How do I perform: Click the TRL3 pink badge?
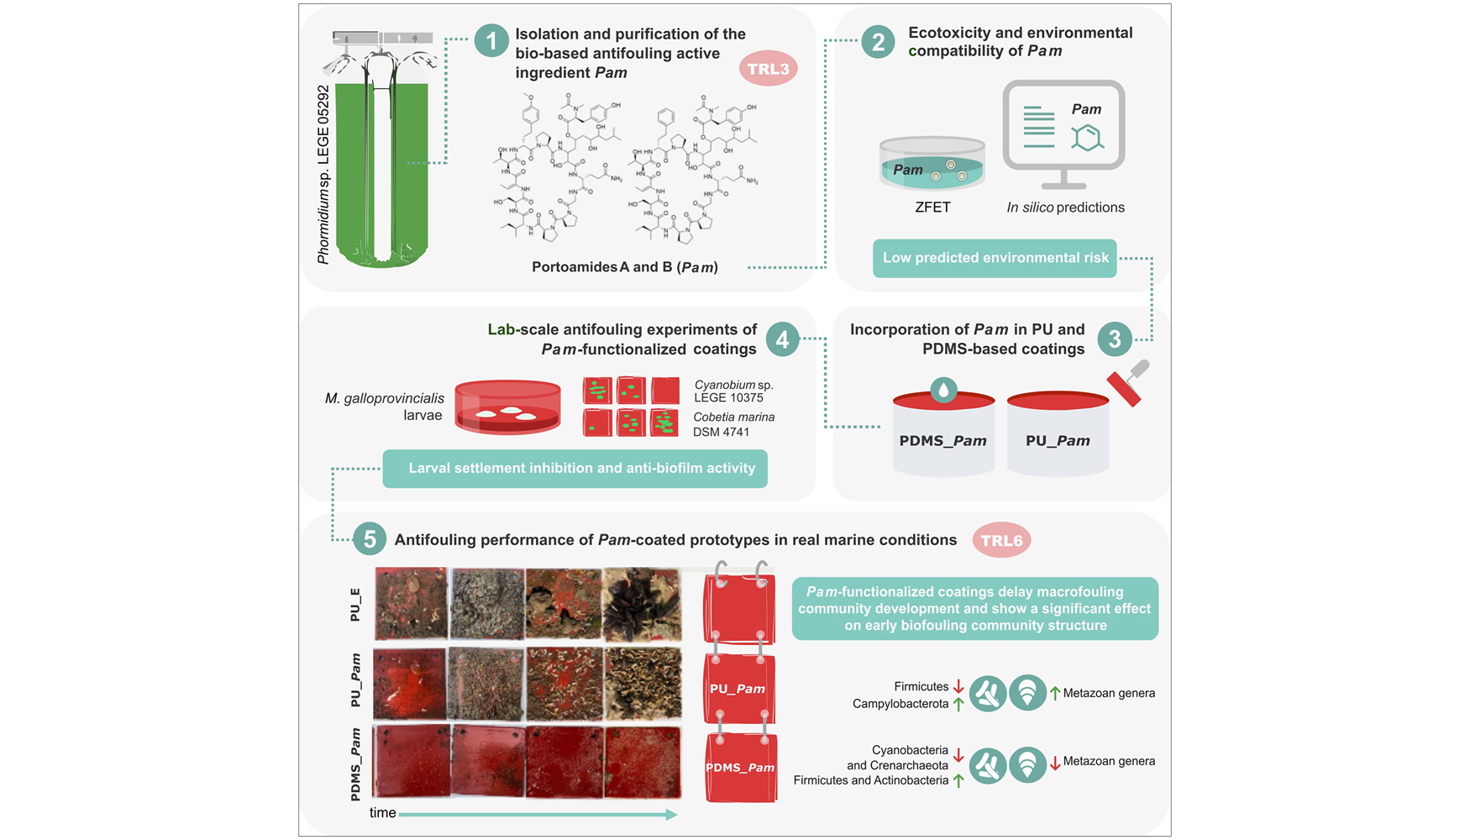point(768,69)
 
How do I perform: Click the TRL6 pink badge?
point(1001,540)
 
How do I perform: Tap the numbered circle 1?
point(491,40)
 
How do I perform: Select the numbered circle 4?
point(782,339)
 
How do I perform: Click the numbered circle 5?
point(370,539)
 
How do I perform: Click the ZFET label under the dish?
point(932,207)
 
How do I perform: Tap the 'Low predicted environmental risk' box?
point(995,258)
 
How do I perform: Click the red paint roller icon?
point(1127,385)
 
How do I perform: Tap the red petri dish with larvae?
point(507,407)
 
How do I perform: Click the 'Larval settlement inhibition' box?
point(575,469)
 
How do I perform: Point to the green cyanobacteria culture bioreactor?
point(382,168)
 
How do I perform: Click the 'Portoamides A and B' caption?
point(624,267)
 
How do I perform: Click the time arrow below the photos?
point(538,814)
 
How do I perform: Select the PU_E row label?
point(355,605)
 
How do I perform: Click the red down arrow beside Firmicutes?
point(958,686)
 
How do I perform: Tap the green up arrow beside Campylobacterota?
point(958,704)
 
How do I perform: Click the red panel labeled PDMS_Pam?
point(740,768)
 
